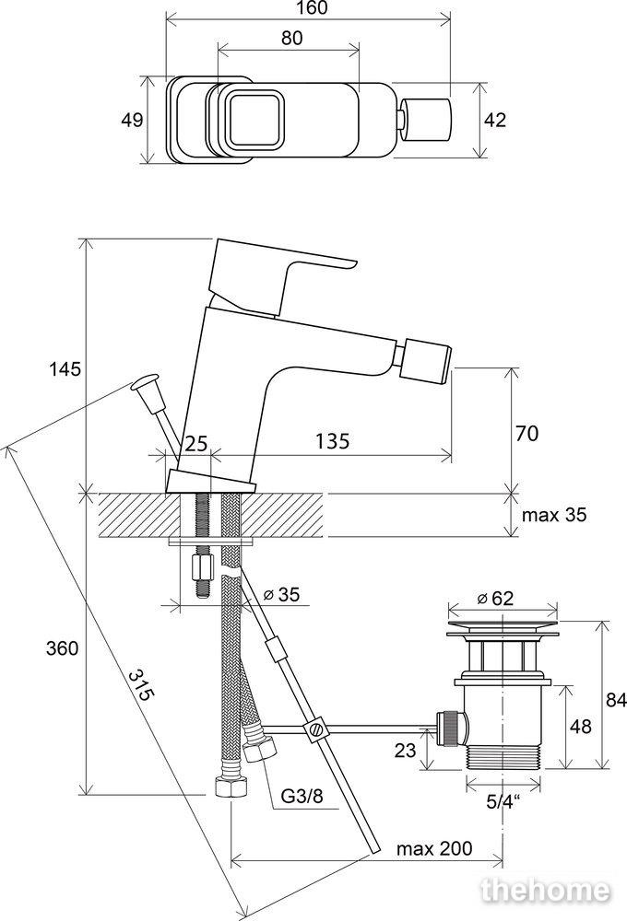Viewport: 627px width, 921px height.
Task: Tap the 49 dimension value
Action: tap(132, 121)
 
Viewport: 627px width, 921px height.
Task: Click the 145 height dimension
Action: tap(65, 368)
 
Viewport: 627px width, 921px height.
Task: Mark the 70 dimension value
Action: tap(527, 432)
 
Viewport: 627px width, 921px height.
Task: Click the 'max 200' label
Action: tap(433, 848)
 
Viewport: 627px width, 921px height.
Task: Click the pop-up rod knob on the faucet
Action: tap(146, 382)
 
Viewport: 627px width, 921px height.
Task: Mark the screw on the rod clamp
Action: tap(317, 729)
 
